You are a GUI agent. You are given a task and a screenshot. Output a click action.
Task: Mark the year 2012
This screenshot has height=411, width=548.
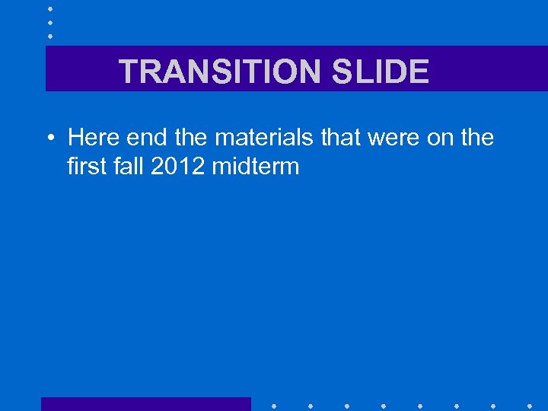(178, 166)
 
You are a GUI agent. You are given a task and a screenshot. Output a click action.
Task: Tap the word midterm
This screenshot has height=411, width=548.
(256, 166)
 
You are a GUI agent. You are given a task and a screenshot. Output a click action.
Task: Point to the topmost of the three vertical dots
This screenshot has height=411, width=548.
(49, 8)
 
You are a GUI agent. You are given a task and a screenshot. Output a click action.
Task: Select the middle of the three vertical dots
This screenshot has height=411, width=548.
(49, 22)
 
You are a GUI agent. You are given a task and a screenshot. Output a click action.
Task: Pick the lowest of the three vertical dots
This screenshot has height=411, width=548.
(49, 36)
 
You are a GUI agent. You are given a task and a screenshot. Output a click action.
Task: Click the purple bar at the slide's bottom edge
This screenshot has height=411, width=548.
(145, 404)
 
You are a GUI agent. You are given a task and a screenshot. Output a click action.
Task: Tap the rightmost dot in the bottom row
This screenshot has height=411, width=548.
(529, 405)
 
